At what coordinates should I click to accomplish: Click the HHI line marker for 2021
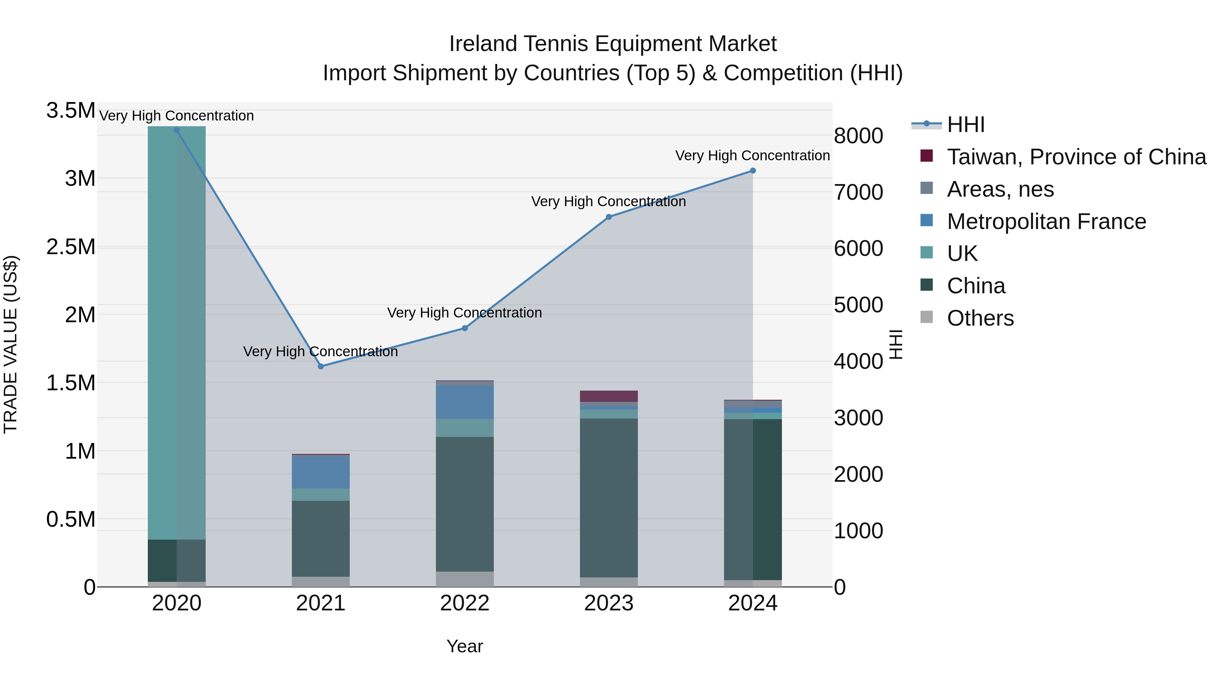pyautogui.click(x=321, y=366)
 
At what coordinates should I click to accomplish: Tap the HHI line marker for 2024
pyautogui.click(x=752, y=171)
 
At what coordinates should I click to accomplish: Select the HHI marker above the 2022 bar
pyautogui.click(x=465, y=328)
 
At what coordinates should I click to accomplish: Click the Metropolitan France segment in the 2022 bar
pyautogui.click(x=465, y=402)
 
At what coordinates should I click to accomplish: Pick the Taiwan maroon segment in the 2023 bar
pyautogui.click(x=609, y=396)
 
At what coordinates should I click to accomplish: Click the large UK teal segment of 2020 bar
pyautogui.click(x=176, y=333)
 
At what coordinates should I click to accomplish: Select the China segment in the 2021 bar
pyautogui.click(x=321, y=538)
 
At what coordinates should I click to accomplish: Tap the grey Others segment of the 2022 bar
pyautogui.click(x=465, y=579)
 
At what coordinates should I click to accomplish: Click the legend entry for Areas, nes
pyautogui.click(x=1000, y=189)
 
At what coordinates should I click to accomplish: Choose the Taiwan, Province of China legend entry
pyautogui.click(x=1075, y=157)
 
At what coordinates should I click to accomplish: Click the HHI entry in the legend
pyautogui.click(x=965, y=125)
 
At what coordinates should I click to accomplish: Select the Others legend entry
pyautogui.click(x=979, y=318)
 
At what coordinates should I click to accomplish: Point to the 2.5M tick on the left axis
pyautogui.click(x=70, y=247)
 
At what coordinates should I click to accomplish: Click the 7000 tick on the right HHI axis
pyautogui.click(x=858, y=192)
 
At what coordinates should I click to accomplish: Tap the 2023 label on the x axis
pyautogui.click(x=609, y=603)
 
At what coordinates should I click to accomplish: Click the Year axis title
pyautogui.click(x=465, y=646)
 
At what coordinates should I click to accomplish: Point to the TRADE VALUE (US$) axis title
pyautogui.click(x=11, y=344)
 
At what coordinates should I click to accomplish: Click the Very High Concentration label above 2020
pyautogui.click(x=176, y=116)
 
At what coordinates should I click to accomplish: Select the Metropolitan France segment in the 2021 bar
pyautogui.click(x=321, y=472)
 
